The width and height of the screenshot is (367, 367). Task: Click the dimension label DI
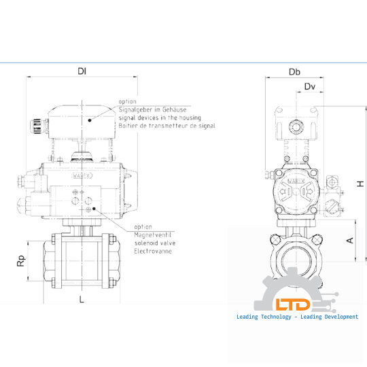tap(82, 71)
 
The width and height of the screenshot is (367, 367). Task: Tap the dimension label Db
tap(294, 72)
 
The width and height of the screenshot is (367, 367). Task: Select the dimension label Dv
tap(310, 86)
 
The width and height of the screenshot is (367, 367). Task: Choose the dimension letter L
tap(82, 299)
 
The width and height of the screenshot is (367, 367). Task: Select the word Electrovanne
tap(153, 251)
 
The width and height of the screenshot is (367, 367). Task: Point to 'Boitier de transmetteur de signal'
tap(167, 126)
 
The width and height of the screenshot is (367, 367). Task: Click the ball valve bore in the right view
tap(295, 260)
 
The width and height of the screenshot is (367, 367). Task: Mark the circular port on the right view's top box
tap(296, 126)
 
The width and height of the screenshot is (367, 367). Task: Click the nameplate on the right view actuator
tap(295, 183)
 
